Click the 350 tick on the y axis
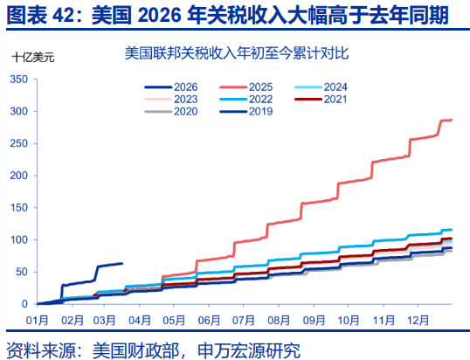[x=18, y=80]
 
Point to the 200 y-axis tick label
[x=18, y=176]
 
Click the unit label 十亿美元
[x=32, y=58]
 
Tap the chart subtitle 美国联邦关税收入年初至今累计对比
[x=235, y=53]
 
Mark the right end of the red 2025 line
[x=451, y=120]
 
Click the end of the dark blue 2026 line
[x=122, y=263]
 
